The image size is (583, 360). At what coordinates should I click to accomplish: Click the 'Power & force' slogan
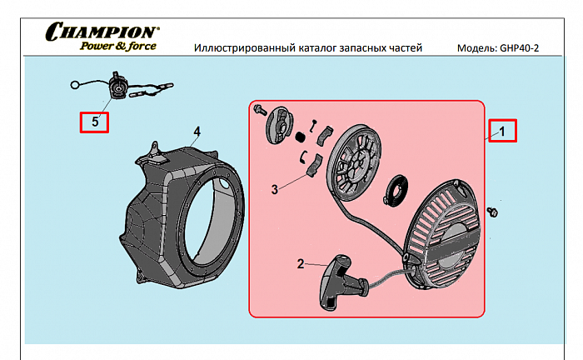click(117, 46)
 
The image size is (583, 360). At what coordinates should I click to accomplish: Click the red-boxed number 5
click(94, 122)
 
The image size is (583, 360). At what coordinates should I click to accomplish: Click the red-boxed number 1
click(502, 130)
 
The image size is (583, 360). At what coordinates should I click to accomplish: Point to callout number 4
click(197, 132)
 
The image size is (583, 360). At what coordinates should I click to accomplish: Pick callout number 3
click(274, 189)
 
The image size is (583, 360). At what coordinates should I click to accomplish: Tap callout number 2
click(301, 264)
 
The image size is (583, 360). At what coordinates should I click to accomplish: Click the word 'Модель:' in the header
click(477, 47)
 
